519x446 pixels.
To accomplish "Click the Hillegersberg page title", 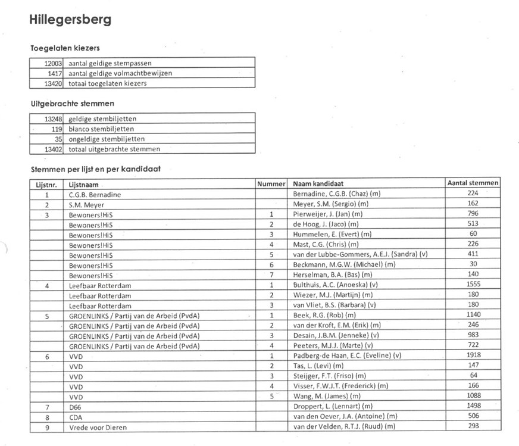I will click(x=70, y=20).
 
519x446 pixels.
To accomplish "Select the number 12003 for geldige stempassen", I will click(x=54, y=62).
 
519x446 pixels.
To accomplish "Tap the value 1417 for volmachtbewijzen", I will click(x=55, y=73).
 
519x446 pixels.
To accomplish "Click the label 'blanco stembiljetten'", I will click(x=101, y=129).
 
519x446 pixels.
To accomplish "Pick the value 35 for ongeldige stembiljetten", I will click(x=58, y=139).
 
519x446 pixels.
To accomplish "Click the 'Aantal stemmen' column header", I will click(x=473, y=183).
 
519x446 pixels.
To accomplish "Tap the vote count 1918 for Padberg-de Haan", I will click(x=474, y=355).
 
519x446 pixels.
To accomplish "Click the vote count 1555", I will click(x=474, y=285).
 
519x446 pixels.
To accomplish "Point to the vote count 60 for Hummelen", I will click(x=474, y=234).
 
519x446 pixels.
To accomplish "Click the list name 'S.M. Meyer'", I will click(x=87, y=204).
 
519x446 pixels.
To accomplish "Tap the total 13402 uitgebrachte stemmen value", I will click(x=52, y=149).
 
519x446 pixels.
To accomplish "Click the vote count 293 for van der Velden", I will click(x=474, y=426).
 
